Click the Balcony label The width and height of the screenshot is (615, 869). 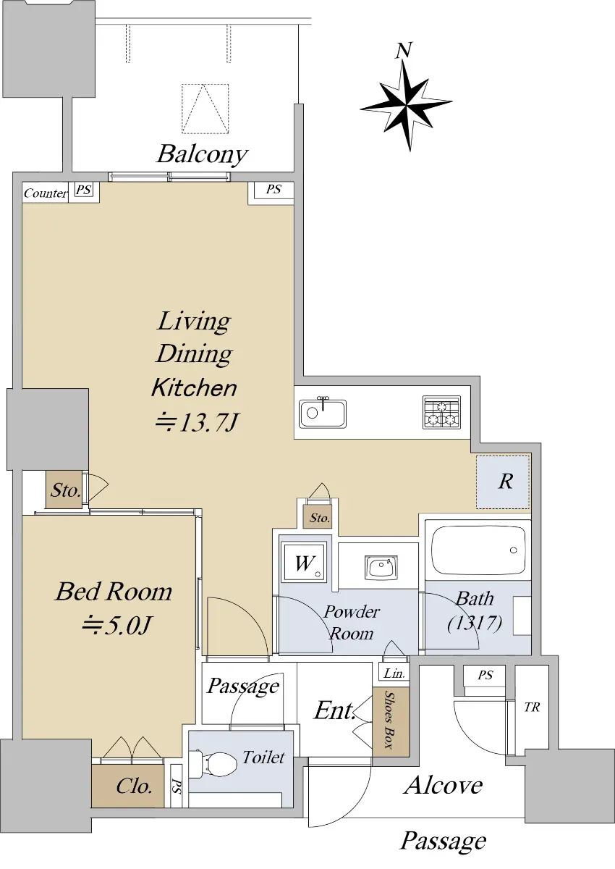click(202, 155)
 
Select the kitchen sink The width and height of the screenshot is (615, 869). click(323, 413)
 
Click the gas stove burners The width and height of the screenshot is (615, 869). click(441, 412)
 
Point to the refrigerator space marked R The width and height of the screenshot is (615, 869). click(503, 482)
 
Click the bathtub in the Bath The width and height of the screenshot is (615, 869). click(478, 550)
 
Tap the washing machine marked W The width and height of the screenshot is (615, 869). click(304, 563)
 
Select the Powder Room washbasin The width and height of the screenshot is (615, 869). click(381, 568)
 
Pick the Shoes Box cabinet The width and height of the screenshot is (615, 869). click(391, 723)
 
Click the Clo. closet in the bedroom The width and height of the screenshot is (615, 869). click(128, 786)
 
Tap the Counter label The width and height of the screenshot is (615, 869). click(46, 193)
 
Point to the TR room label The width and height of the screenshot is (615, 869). click(532, 708)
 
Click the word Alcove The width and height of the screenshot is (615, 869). click(443, 785)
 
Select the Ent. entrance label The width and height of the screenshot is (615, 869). click(334, 711)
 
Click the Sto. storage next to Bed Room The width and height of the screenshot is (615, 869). click(64, 490)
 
